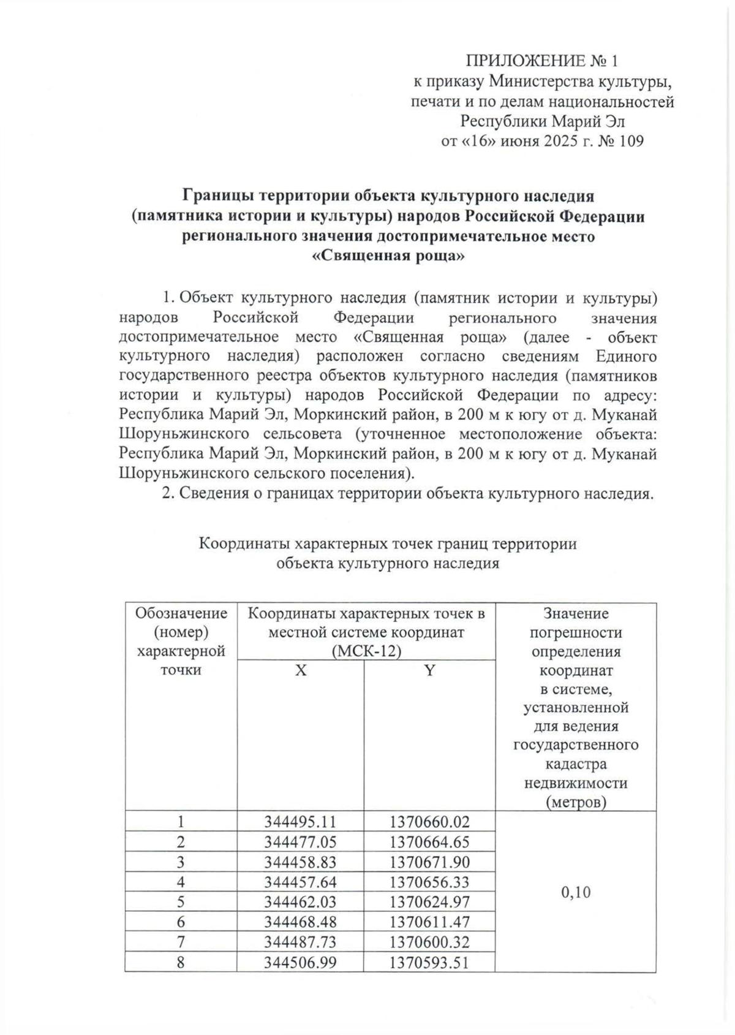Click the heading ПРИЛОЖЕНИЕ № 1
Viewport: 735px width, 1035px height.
coord(543,61)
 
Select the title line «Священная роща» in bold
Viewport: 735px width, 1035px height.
coord(389,256)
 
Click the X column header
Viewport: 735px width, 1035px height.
coord(301,670)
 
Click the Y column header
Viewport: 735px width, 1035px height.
coord(429,670)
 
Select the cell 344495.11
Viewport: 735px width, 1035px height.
coord(301,821)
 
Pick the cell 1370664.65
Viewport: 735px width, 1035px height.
coord(429,841)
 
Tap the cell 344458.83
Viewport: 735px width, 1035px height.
coord(301,862)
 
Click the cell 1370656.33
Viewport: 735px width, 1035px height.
coord(429,882)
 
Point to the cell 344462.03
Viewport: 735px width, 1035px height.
coord(301,902)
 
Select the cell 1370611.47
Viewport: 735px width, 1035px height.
coord(429,922)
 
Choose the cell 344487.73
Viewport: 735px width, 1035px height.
coord(301,942)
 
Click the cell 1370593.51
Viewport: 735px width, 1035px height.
coord(429,963)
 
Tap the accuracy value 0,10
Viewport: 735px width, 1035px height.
coord(576,892)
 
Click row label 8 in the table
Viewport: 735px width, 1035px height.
coord(181,963)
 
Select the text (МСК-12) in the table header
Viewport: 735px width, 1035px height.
coord(366,651)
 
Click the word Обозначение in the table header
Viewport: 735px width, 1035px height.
coord(181,613)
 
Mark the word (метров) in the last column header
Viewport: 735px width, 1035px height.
coord(576,802)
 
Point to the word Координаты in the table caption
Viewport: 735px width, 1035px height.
coord(246,544)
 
